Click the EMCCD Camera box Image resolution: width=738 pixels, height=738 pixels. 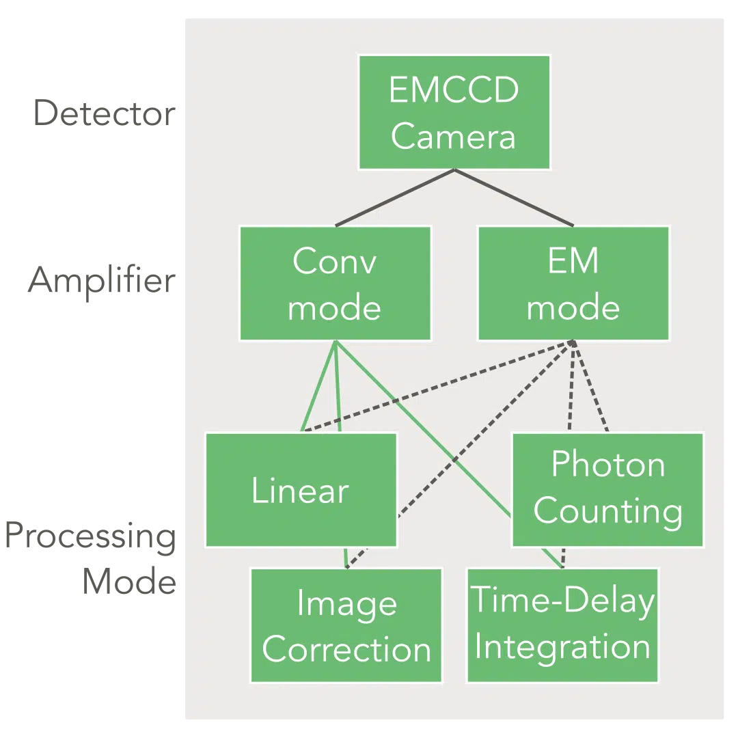(454, 113)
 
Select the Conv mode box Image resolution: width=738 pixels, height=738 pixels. (335, 284)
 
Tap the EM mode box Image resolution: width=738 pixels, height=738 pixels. (573, 284)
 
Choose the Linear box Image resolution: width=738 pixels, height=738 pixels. (301, 490)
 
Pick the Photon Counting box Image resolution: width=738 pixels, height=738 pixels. (607, 490)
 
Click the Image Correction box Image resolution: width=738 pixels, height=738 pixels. (346, 626)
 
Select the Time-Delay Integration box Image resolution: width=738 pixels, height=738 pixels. (562, 625)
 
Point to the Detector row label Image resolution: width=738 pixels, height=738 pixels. (104, 113)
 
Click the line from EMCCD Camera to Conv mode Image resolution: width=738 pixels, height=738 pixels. (395, 198)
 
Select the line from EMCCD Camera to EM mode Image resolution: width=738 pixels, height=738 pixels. (514, 198)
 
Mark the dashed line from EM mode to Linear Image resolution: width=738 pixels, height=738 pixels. (437, 387)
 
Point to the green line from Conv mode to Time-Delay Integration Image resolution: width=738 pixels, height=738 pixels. (424, 427)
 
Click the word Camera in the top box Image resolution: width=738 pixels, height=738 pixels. (454, 137)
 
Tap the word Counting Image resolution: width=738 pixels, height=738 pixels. (607, 512)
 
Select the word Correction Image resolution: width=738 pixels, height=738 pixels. (346, 650)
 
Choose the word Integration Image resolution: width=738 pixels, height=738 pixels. (562, 647)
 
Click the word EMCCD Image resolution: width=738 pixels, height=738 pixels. (454, 90)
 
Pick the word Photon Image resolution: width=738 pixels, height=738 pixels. (607, 465)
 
